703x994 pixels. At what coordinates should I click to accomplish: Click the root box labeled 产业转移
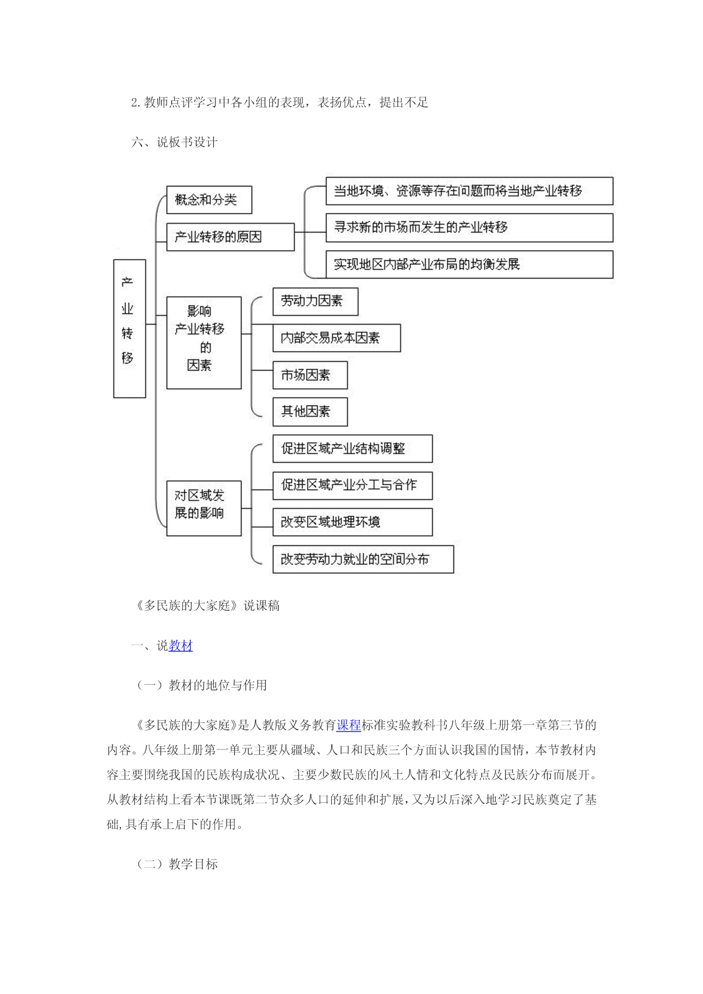click(130, 328)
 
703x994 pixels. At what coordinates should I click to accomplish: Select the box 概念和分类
click(209, 200)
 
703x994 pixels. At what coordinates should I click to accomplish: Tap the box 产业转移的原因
click(230, 237)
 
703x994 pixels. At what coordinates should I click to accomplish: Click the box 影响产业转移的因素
click(204, 342)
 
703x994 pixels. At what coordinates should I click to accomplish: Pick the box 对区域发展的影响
click(204, 508)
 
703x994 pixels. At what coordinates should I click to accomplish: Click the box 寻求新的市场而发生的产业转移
click(470, 228)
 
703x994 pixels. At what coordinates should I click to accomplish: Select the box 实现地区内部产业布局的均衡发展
click(470, 264)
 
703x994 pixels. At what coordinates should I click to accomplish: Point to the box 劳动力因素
click(315, 301)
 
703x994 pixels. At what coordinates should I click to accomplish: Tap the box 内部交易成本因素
click(336, 338)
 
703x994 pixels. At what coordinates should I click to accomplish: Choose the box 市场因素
click(310, 375)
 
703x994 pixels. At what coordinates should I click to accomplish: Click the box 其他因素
click(310, 412)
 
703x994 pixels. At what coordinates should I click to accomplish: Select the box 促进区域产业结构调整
click(352, 449)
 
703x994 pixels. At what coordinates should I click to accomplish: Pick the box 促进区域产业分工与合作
click(352, 485)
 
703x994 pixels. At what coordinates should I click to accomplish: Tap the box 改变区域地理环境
click(352, 522)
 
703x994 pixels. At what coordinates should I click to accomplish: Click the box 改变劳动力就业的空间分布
click(363, 559)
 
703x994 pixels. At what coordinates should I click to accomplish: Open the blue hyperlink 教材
click(181, 645)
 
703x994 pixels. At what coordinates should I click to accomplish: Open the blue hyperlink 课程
click(349, 725)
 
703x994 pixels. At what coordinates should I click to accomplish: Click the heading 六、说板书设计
click(174, 142)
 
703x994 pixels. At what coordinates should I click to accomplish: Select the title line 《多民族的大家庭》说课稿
click(207, 606)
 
